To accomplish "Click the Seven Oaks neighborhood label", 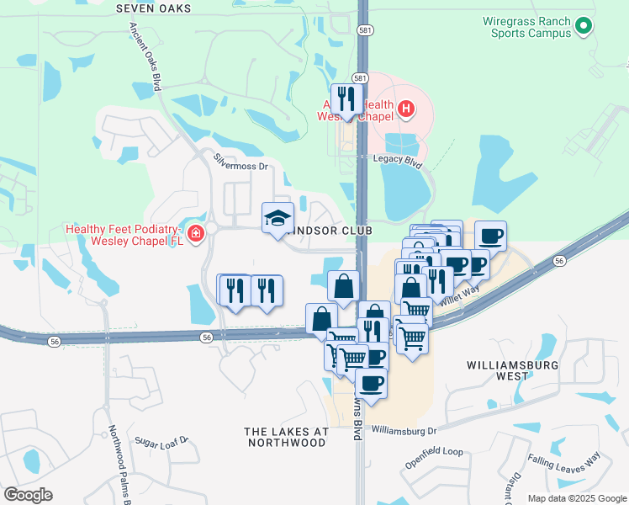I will click(x=153, y=8).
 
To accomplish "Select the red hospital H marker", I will click(x=406, y=109).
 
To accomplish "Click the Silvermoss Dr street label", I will click(x=240, y=167).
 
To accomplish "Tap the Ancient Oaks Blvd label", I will click(x=145, y=50).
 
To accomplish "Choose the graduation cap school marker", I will click(x=278, y=218).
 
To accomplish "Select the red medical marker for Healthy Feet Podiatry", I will click(x=197, y=233).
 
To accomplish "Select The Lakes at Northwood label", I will click(x=286, y=436).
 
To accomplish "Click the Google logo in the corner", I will click(x=28, y=495).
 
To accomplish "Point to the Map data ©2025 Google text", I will click(x=576, y=498).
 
